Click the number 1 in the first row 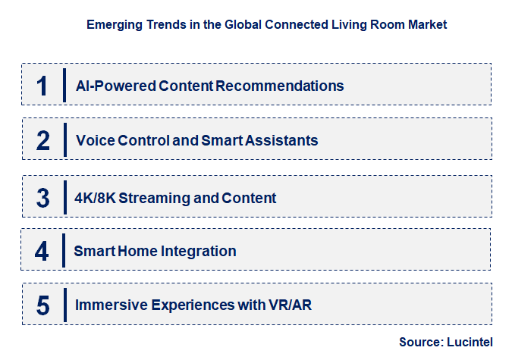[42, 86]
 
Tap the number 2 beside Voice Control [43, 140]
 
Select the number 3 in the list [43, 198]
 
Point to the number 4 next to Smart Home [42, 251]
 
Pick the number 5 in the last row [43, 305]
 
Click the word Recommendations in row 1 [280, 86]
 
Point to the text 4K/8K [95, 198]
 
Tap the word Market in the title [427, 25]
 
